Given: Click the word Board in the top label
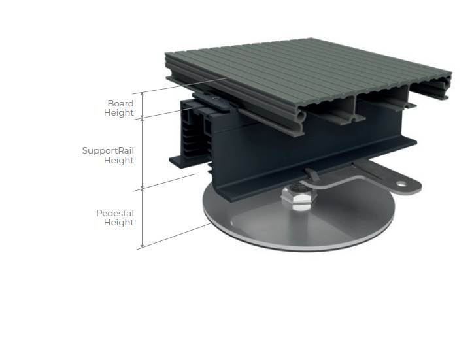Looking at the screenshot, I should [121, 103].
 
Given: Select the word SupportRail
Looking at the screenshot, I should [108, 150].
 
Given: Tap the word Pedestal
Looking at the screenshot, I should [115, 213].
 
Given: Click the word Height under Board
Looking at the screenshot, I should [119, 113].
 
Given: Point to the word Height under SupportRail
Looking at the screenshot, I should [119, 160].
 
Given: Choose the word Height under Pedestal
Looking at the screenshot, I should [119, 223].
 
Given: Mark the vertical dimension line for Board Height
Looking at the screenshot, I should [142, 105].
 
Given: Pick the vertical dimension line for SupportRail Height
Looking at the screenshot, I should [142, 154].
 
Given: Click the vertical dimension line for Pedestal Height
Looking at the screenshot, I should [142, 219].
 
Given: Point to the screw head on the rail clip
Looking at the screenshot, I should [216, 97].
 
